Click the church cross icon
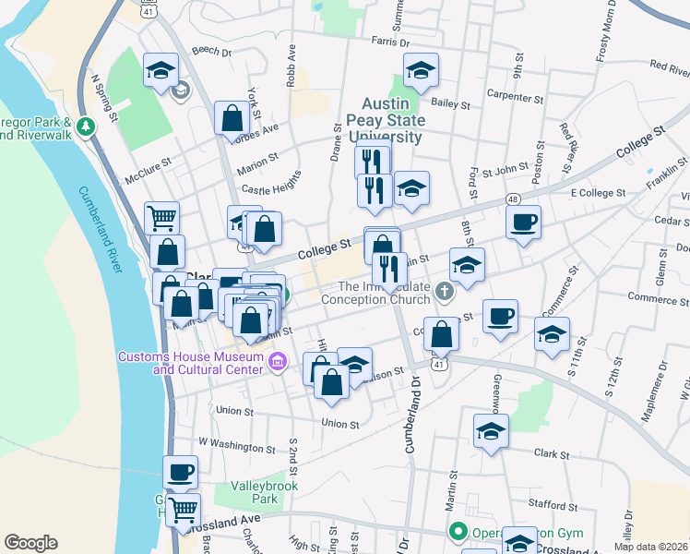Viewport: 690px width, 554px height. point(446,292)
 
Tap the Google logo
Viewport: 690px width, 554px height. point(30,542)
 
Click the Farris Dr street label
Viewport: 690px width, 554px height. point(390,42)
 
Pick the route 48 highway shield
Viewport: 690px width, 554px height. point(513,199)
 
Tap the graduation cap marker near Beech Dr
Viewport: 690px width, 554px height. point(161,70)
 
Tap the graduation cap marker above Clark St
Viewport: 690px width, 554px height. point(492,430)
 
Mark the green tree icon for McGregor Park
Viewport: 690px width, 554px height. point(87,125)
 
